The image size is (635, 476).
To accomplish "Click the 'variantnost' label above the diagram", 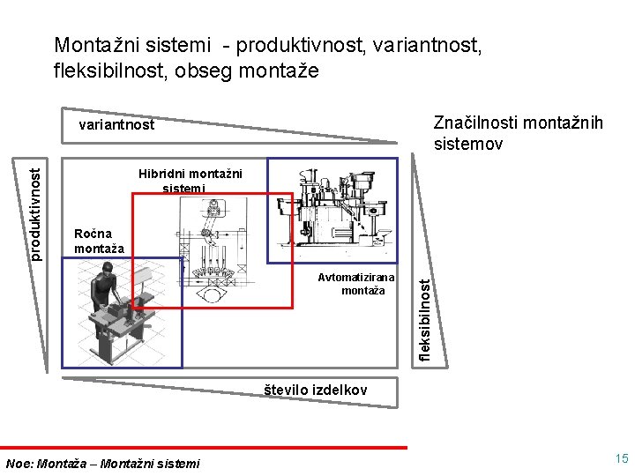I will [x=116, y=125].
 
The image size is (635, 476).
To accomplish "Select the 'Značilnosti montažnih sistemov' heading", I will [x=518, y=133].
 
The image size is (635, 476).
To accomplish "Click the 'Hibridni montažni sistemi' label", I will [x=189, y=180].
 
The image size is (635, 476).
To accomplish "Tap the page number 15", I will [x=622, y=459].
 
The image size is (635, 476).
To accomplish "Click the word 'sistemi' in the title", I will [x=183, y=44].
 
